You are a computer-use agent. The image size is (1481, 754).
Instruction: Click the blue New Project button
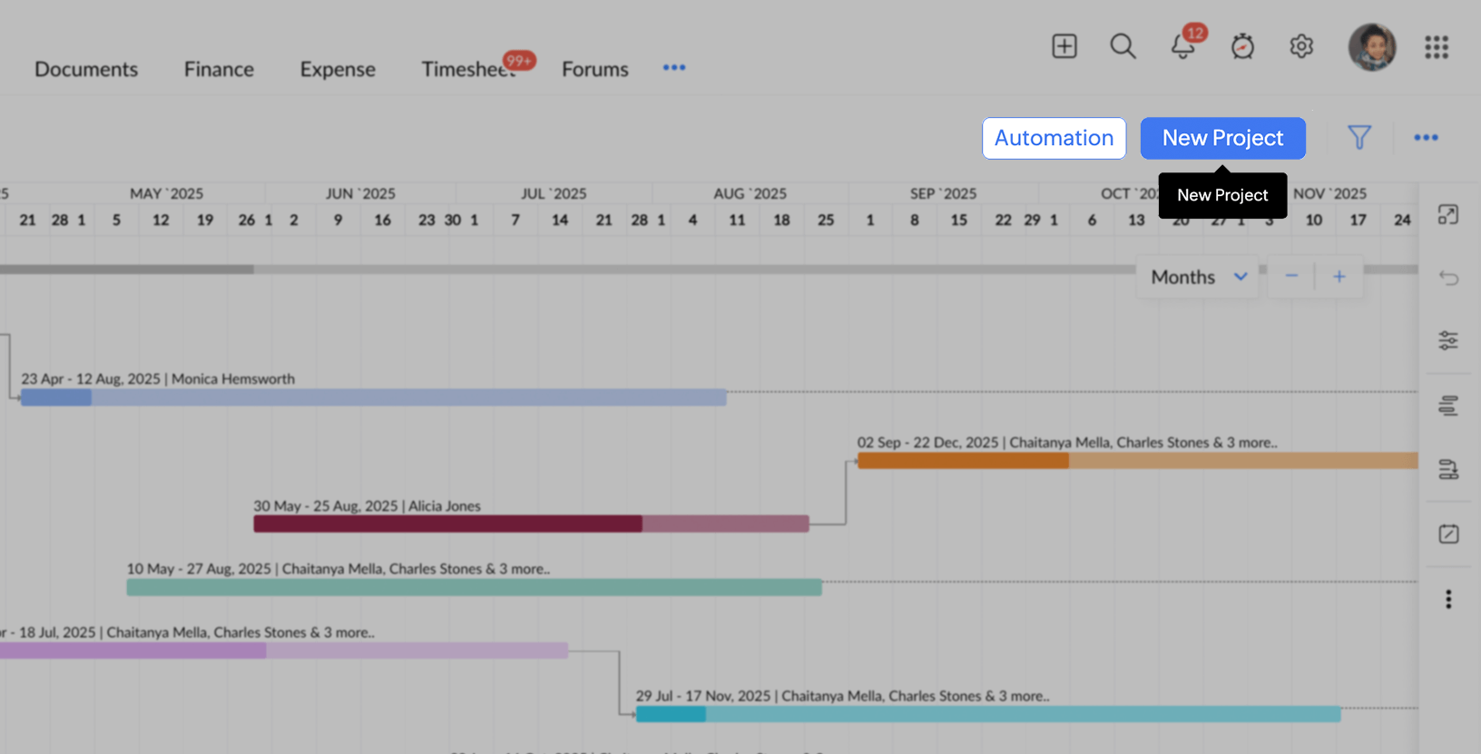tap(1222, 138)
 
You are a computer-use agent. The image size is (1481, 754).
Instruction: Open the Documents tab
tap(86, 69)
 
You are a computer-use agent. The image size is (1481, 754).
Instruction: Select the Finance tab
tap(219, 69)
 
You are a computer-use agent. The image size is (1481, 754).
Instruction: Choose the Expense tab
tap(338, 69)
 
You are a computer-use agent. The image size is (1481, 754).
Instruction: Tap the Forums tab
tap(594, 69)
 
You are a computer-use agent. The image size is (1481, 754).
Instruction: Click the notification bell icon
tap(1182, 46)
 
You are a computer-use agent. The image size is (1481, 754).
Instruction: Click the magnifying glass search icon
tap(1123, 46)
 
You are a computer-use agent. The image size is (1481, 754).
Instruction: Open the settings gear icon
tap(1301, 46)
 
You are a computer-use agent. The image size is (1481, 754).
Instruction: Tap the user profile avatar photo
tap(1371, 47)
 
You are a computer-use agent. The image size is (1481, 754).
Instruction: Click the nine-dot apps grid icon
tap(1437, 47)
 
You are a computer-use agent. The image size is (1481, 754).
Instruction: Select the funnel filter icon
tap(1358, 138)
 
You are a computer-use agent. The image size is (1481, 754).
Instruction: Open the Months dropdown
tap(1198, 277)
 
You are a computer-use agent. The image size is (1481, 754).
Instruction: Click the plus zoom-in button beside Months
tap(1339, 277)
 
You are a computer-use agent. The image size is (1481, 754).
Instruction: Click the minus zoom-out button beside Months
tap(1291, 277)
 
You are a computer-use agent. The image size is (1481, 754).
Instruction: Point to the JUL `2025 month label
tap(554, 193)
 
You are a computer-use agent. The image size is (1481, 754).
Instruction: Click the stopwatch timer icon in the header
tap(1242, 46)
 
